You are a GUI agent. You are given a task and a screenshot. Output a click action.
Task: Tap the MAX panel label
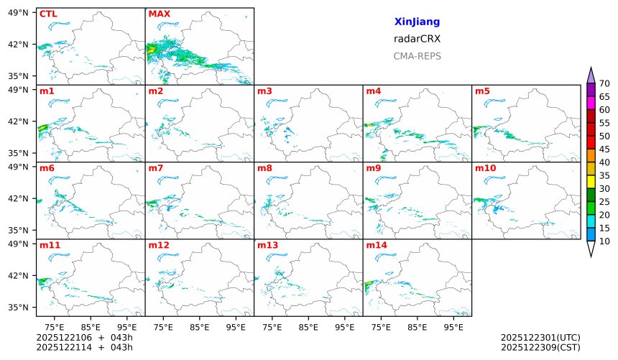click(158, 14)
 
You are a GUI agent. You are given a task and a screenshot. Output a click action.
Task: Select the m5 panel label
click(482, 91)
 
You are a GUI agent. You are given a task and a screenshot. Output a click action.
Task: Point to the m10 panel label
click(485, 168)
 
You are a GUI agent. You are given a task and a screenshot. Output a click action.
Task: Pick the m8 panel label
click(264, 168)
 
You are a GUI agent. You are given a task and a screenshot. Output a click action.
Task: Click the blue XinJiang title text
click(417, 22)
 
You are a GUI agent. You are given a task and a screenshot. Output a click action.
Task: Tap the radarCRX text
click(417, 39)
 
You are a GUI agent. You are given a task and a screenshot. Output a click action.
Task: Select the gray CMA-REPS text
click(417, 56)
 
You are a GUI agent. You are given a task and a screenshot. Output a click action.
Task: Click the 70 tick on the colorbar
click(604, 84)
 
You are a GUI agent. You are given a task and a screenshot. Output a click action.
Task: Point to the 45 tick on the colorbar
click(604, 149)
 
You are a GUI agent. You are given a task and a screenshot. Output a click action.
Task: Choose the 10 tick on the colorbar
click(604, 241)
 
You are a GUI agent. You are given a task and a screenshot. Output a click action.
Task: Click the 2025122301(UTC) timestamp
click(540, 337)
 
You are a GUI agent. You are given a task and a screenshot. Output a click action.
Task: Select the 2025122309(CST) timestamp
click(540, 348)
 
